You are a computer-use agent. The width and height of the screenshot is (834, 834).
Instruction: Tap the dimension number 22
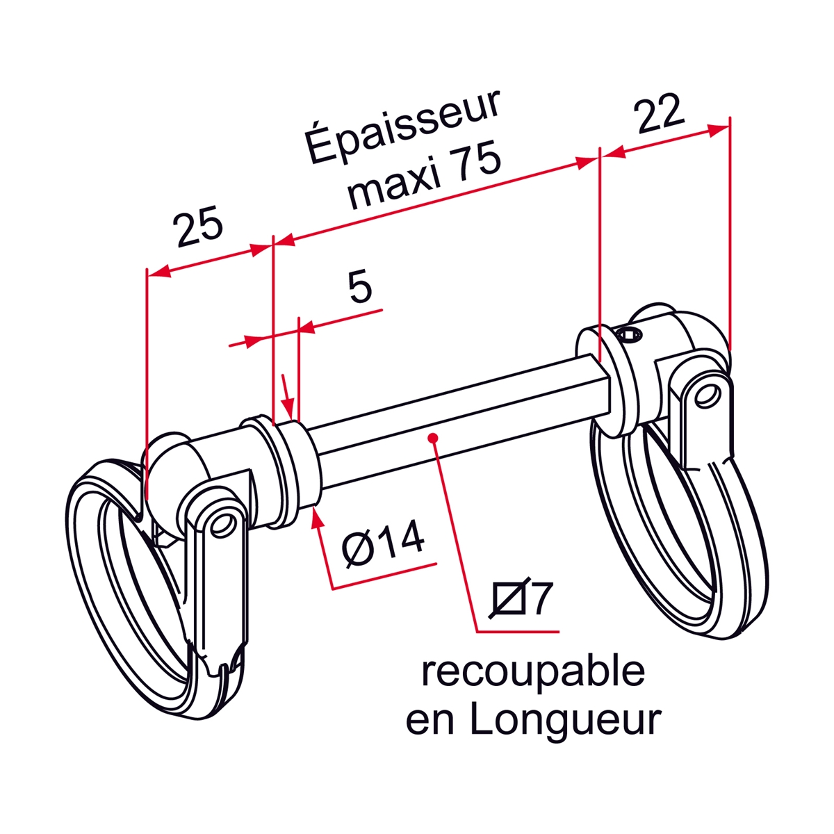coord(660,113)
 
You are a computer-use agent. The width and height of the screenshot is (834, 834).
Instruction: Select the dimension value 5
coord(360,286)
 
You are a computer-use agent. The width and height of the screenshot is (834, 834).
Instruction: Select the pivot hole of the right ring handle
coord(708,396)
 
